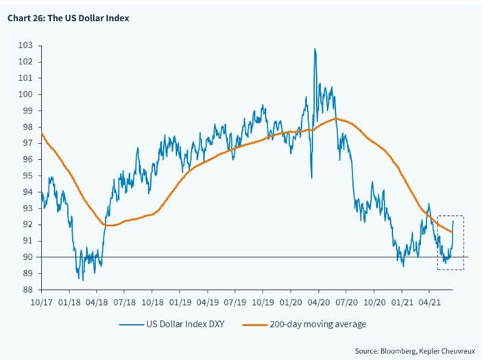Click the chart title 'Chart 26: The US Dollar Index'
[68, 18]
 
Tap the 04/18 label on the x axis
[97, 302]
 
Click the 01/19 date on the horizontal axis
[180, 302]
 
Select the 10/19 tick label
[263, 302]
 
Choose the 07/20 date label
[347, 302]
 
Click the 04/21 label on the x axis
[429, 302]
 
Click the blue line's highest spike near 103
[315, 49]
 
